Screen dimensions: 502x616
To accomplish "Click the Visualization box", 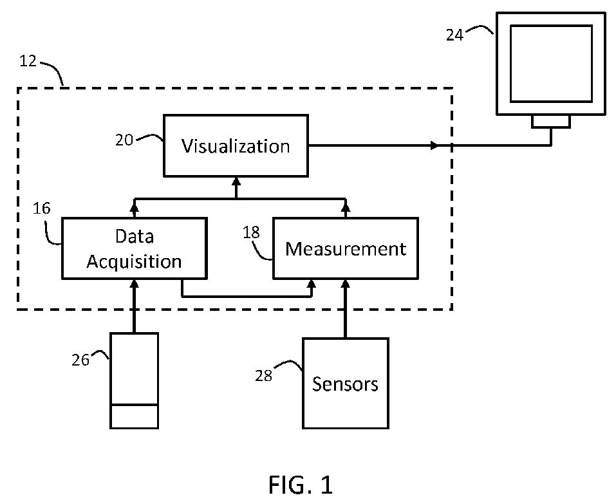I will [x=236, y=146].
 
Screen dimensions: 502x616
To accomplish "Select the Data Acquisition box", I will [x=135, y=248].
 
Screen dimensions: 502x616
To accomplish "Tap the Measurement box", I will [x=346, y=248].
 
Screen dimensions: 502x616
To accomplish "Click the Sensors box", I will [x=346, y=384].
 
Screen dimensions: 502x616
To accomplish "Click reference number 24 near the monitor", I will [x=454, y=35].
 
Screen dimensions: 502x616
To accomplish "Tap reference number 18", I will [x=251, y=232].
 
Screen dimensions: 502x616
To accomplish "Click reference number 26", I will [x=80, y=360].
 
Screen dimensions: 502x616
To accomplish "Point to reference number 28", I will [x=264, y=375].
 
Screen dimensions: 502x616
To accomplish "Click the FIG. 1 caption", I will [x=301, y=484].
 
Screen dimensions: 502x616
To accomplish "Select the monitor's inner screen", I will [x=551, y=63].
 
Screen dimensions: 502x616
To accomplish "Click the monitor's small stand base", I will [x=551, y=122].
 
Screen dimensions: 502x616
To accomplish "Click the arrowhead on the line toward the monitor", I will [x=435, y=146].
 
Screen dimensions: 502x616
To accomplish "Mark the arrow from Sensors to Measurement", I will [x=346, y=309].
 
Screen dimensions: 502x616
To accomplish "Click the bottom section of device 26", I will [x=134, y=416].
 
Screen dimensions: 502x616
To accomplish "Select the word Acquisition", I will [x=135, y=262].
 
